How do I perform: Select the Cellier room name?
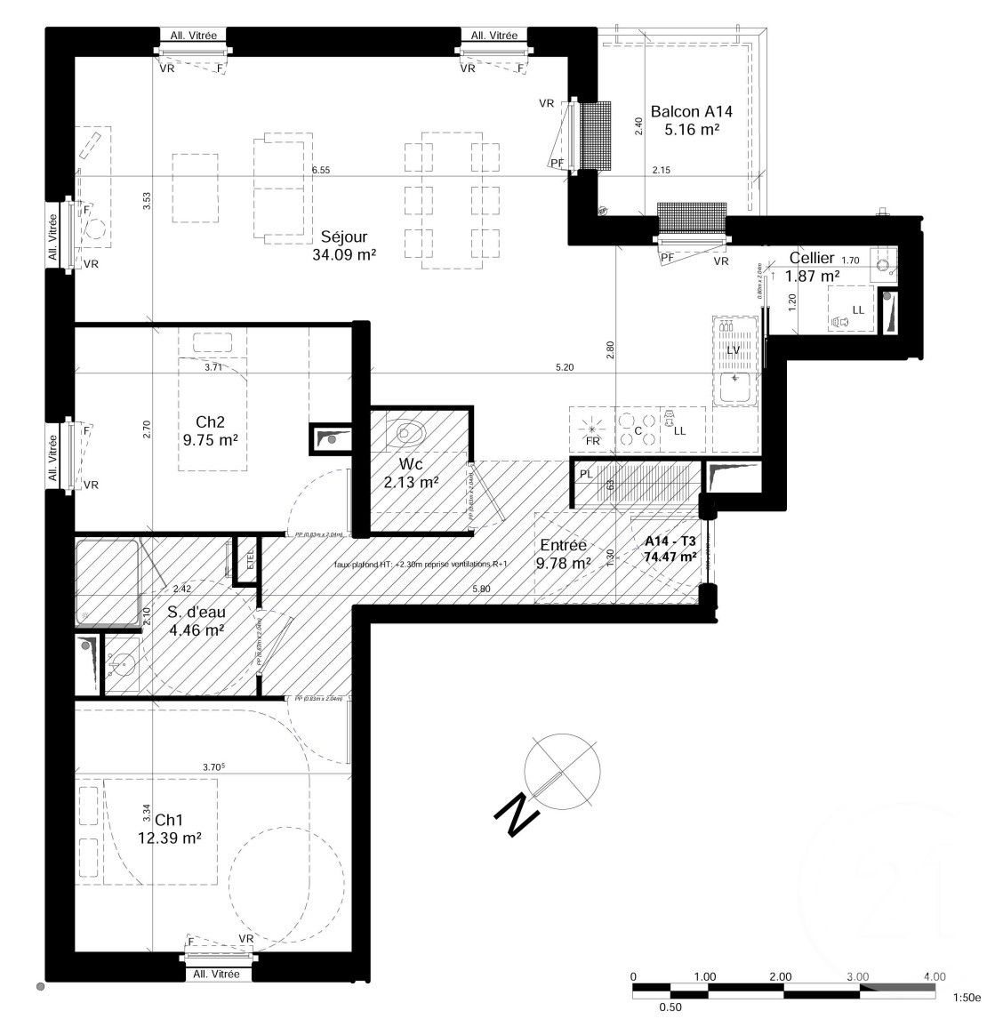pos(812,258)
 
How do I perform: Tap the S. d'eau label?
pos(196,612)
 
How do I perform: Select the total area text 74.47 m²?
pos(670,558)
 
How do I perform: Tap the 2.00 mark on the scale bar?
pos(781,975)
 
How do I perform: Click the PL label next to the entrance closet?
pos(586,475)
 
